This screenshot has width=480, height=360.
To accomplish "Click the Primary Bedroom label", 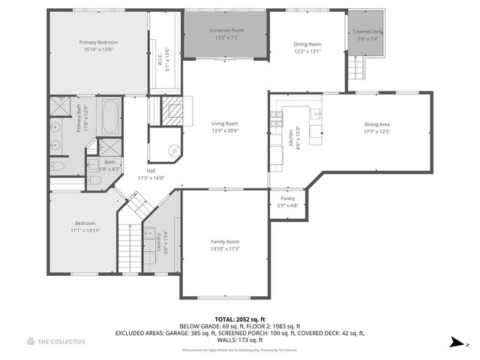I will pyautogui.click(x=98, y=43).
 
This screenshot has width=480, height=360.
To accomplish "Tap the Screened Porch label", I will pyautogui.click(x=226, y=30).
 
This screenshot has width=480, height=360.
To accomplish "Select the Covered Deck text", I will pyautogui.click(x=367, y=31).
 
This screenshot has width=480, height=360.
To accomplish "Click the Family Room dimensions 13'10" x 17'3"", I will pyautogui.click(x=224, y=249).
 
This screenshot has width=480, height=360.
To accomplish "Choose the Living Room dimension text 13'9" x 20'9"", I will pyautogui.click(x=224, y=131).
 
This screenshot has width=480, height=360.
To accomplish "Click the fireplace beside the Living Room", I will pyautogui.click(x=173, y=112).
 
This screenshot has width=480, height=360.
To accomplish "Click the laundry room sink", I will pyautogui.click(x=150, y=232).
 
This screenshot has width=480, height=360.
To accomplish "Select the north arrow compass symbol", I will pyautogui.click(x=457, y=342).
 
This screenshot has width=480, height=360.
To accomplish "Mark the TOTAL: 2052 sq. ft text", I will pyautogui.click(x=239, y=319).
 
